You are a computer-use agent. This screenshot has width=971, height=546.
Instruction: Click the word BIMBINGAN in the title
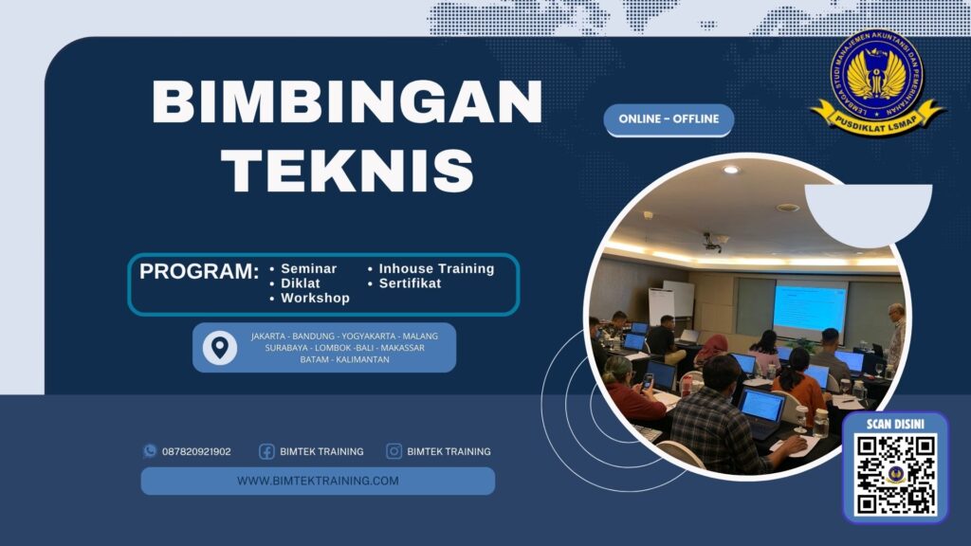point(347,101)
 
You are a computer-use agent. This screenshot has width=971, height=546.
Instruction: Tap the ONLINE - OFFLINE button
point(669,119)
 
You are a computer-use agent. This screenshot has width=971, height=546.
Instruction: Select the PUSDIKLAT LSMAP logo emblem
point(876,80)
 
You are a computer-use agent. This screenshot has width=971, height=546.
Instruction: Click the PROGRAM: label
point(199,271)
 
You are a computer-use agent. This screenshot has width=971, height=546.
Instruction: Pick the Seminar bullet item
point(309,268)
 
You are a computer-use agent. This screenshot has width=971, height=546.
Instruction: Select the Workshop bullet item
point(315,298)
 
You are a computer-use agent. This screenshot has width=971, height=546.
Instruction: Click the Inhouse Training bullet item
point(436,268)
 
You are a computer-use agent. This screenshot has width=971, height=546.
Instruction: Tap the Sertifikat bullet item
point(410,282)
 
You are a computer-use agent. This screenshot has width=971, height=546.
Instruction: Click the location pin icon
point(220,347)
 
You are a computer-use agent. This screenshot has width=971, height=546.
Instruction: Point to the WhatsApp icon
point(149,451)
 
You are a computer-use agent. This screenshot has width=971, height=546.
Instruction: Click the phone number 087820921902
point(196,451)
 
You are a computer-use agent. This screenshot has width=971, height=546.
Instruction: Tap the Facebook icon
point(266,451)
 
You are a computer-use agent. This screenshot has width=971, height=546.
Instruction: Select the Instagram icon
point(394,451)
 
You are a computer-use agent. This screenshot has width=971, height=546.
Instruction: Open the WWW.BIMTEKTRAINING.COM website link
point(318,481)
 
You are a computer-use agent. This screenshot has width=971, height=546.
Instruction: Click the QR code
point(894,475)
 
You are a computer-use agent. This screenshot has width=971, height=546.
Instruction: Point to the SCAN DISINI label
point(895,424)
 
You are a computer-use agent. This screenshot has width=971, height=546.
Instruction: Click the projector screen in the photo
point(808,307)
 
